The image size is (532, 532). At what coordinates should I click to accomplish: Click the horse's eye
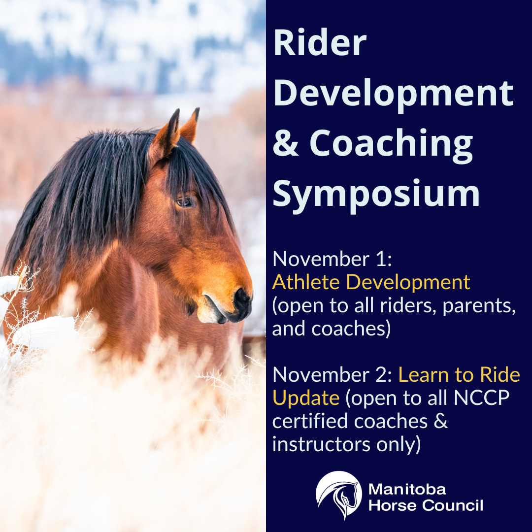185,202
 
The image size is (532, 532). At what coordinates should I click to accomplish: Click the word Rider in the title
320,43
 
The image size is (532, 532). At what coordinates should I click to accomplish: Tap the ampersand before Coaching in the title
286,143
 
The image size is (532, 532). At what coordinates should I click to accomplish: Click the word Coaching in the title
391,145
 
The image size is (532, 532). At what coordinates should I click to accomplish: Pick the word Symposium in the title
376,195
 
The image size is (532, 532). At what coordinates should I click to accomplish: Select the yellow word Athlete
306,282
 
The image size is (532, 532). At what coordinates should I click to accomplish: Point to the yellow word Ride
500,374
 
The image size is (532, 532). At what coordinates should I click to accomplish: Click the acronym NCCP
482,398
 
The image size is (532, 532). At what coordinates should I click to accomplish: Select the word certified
310,421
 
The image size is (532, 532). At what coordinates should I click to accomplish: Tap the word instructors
321,444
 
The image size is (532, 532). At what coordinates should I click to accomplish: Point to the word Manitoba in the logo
407,489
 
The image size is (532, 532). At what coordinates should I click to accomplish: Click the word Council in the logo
453,505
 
